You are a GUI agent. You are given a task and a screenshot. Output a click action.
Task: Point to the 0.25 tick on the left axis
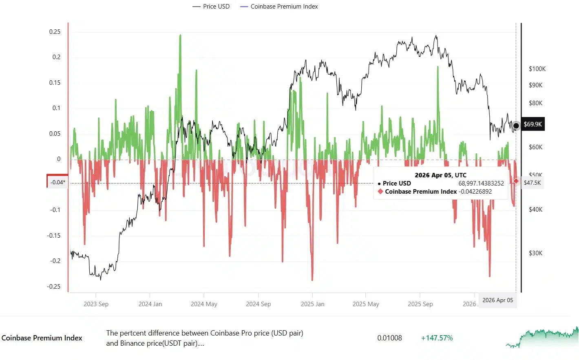pos(55,32)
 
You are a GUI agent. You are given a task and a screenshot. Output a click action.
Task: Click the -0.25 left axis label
pos(54,286)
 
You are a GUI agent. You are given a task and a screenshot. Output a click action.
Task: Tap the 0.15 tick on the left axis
pos(55,83)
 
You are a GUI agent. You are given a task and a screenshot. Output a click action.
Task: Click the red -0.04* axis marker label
pos(57,182)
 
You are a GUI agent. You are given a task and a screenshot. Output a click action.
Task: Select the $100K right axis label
pos(537,69)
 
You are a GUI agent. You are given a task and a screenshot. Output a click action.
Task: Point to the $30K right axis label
pos(535,253)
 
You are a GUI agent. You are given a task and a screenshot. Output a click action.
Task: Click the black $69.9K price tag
pos(533,124)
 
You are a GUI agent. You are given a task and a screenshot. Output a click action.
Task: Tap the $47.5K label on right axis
pos(532,183)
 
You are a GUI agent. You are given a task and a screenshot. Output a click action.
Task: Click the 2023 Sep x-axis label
pos(96,304)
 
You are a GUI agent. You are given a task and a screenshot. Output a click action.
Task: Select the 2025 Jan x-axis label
pos(312,304)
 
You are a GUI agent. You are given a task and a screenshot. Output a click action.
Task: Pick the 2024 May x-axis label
pos(204,304)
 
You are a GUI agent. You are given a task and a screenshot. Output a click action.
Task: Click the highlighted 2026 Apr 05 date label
pos(497,300)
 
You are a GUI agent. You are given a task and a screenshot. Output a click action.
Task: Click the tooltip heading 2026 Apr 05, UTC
pos(440,175)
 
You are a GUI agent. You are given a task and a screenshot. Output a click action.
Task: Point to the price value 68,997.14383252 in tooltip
pos(481,183)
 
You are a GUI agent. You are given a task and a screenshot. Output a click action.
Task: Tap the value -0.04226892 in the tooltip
pos(475,192)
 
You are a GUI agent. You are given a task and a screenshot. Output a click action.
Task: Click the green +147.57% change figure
pos(437,338)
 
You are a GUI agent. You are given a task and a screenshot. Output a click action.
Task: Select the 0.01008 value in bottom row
pos(389,338)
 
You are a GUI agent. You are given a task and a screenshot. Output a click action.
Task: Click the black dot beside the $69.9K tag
pos(516,126)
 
